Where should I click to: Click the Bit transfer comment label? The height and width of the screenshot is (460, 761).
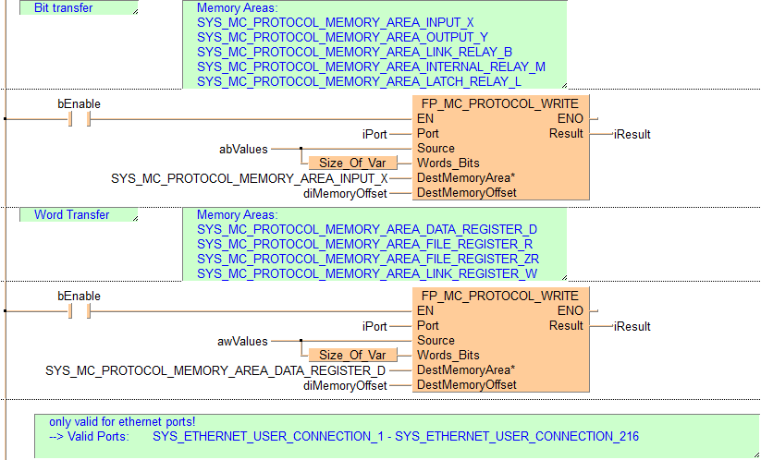click(64, 7)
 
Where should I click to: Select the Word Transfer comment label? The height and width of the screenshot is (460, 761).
click(72, 214)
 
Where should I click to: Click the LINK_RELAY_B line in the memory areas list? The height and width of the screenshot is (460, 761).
click(355, 52)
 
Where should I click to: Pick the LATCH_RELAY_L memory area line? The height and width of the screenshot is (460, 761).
click(359, 81)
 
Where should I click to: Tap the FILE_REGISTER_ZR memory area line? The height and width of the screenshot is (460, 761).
click(368, 259)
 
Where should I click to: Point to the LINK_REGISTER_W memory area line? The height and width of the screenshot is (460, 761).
click(367, 273)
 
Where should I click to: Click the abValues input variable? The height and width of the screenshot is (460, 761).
click(243, 150)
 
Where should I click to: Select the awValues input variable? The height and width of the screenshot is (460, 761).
click(242, 341)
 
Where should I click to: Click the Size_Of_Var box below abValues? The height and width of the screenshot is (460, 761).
click(353, 163)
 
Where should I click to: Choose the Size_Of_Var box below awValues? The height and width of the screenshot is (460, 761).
click(353, 355)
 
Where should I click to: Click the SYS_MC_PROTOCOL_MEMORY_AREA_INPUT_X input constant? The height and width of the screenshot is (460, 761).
click(250, 179)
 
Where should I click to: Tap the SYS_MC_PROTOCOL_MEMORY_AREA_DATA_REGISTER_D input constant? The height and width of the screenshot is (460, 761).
click(215, 370)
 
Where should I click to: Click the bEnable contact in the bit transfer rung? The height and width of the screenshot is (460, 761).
click(80, 119)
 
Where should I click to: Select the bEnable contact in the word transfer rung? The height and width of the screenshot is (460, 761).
click(80, 311)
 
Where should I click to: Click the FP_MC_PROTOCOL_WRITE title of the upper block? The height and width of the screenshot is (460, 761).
click(500, 104)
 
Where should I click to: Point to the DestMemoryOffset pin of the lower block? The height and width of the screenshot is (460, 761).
click(466, 385)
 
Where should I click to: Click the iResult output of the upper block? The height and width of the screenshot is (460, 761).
click(632, 134)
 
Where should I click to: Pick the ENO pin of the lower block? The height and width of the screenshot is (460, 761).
click(570, 310)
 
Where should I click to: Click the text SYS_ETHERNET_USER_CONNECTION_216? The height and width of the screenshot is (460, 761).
click(517, 436)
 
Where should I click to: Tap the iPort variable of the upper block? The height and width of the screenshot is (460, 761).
click(374, 134)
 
